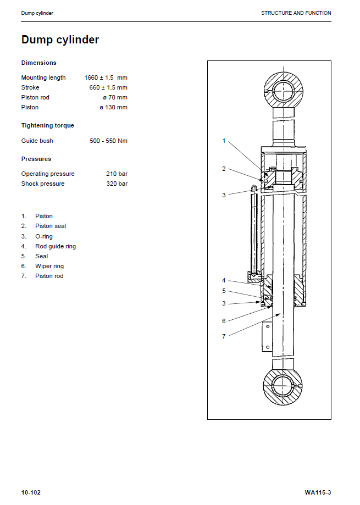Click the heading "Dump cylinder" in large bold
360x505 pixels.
click(60, 40)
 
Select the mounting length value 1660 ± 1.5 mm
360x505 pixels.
click(106, 77)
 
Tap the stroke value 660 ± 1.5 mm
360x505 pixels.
click(108, 87)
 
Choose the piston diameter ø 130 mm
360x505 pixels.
click(113, 107)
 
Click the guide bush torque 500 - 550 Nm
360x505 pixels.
click(108, 141)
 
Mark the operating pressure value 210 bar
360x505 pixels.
click(117, 174)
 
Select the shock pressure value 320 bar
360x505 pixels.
click(117, 184)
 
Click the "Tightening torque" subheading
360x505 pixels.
click(47, 125)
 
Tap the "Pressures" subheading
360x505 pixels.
click(36, 159)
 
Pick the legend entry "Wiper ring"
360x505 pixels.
click(49, 266)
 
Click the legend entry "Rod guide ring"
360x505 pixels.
click(56, 246)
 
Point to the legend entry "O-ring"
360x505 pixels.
click(44, 236)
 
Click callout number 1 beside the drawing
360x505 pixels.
click(224, 141)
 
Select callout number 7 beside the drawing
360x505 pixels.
click(224, 336)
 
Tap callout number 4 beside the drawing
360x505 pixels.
click(224, 281)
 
